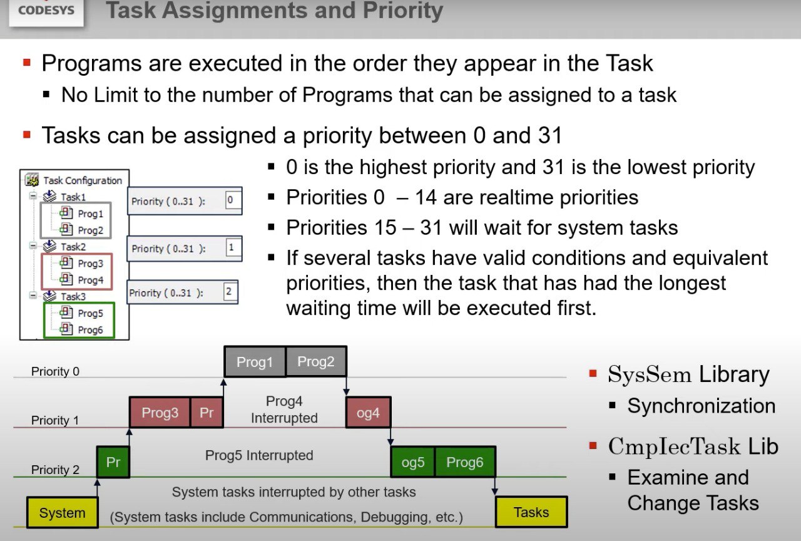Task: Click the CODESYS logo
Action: point(46,11)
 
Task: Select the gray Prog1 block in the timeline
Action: point(255,361)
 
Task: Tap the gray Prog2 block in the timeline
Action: point(316,361)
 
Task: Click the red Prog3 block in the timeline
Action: point(160,412)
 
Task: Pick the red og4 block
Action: point(369,412)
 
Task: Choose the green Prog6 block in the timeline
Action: point(465,462)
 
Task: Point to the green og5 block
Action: point(412,462)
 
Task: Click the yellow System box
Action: point(62,512)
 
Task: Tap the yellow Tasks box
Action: point(531,512)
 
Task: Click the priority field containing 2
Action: point(229,291)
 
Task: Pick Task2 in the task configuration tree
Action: point(73,247)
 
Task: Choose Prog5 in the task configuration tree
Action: point(91,313)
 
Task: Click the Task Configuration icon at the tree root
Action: point(32,180)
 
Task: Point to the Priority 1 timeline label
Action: point(55,420)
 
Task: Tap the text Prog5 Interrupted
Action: point(259,455)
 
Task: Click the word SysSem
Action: point(650,374)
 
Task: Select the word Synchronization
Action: point(702,406)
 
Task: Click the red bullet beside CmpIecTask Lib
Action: point(593,446)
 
